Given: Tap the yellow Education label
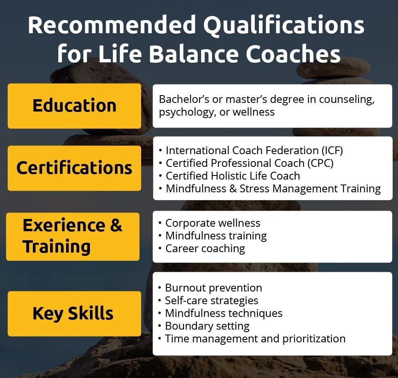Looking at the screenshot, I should (74, 106).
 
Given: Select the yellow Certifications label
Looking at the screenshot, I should (74, 168).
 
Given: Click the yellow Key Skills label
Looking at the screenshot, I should (73, 314).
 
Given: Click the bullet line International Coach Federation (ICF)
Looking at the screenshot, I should (254, 150).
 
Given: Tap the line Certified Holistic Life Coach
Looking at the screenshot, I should (233, 176).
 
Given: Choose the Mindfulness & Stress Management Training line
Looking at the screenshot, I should (273, 189).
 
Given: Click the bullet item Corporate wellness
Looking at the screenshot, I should (213, 223).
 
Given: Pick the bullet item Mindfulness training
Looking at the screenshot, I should (216, 236).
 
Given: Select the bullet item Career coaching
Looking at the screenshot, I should (205, 248).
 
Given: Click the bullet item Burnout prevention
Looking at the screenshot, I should (213, 288).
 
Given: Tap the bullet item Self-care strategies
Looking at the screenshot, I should (211, 301).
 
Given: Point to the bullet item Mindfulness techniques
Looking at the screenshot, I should (224, 313).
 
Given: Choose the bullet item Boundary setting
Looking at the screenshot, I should (207, 326).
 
